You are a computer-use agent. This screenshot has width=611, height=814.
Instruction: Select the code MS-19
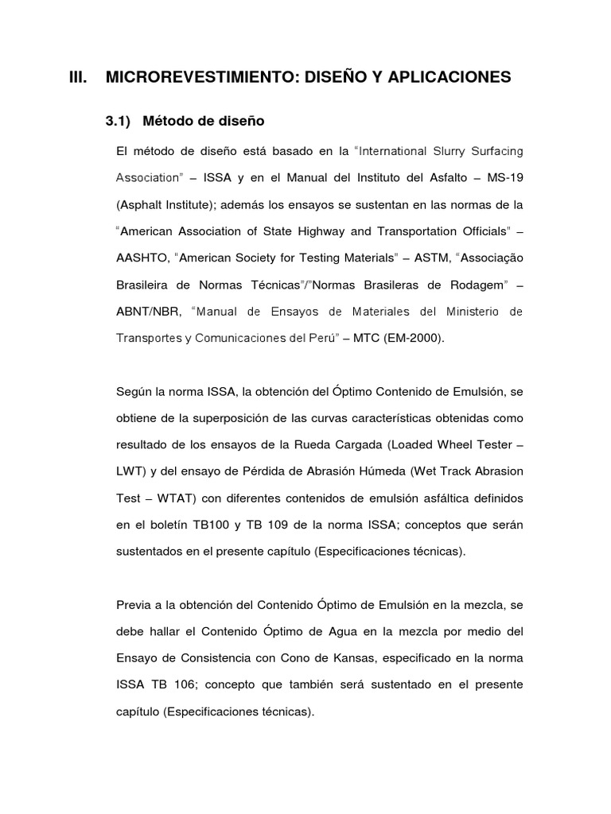505,178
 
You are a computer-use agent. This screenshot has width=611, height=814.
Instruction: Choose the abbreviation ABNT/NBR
145,312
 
